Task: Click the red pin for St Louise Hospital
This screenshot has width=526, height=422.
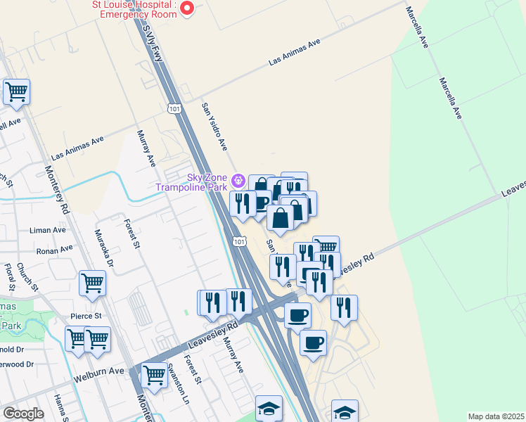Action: coord(187,8)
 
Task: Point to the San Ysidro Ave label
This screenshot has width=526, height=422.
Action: coord(215,127)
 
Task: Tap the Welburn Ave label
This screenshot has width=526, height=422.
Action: coord(98,371)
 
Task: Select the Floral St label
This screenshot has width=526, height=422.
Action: coord(10,277)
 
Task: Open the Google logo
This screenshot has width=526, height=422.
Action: coord(24,414)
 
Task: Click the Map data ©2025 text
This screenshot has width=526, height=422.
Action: coord(495,416)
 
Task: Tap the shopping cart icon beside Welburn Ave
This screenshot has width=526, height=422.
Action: coord(153,376)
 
